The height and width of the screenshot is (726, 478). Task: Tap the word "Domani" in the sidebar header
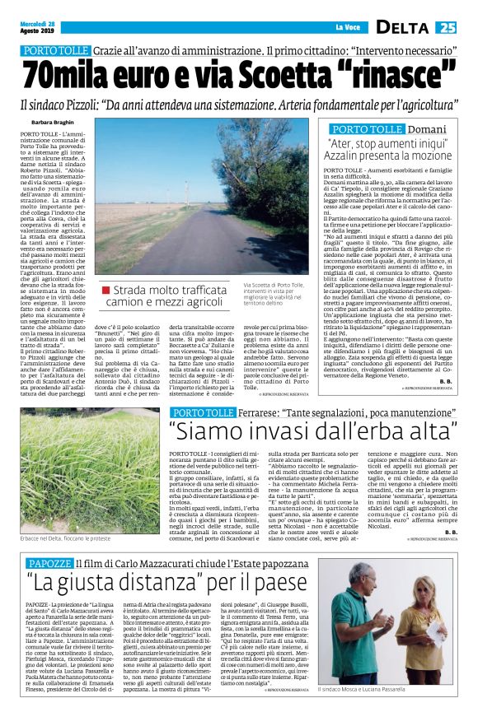click(x=430, y=129)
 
